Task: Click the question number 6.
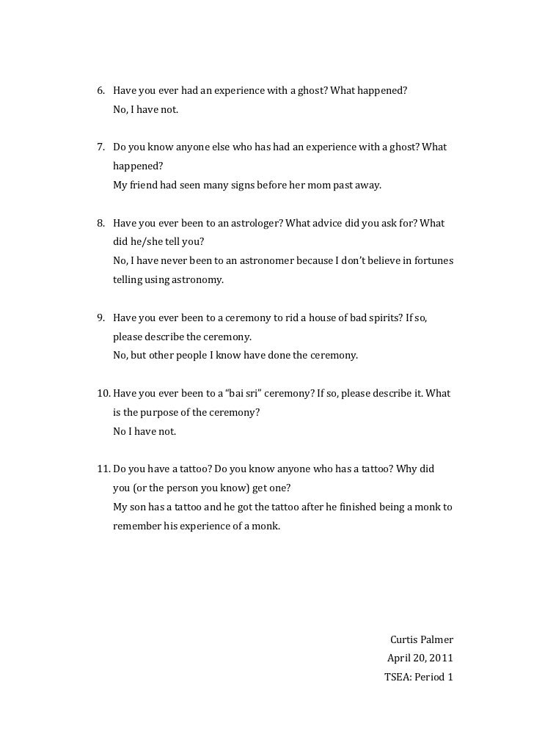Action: tap(101, 91)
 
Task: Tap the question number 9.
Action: tap(101, 318)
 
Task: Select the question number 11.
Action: tap(104, 469)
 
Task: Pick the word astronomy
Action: tap(198, 280)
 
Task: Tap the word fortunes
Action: tap(432, 261)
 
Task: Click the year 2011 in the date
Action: tap(441, 658)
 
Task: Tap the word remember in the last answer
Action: tap(136, 526)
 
